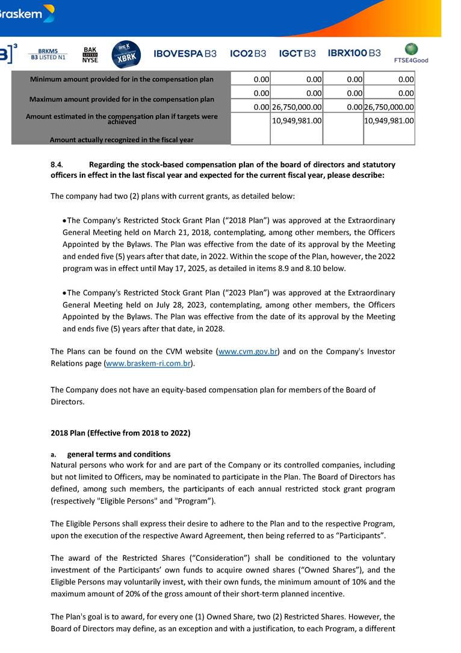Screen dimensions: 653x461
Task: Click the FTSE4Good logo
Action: (411, 54)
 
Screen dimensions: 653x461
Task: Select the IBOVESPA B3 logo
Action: (185, 54)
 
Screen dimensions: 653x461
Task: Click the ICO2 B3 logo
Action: (248, 54)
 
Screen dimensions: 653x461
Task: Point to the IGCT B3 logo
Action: (297, 54)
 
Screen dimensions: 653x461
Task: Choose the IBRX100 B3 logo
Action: (354, 53)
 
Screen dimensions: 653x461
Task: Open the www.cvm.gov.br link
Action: (247, 351)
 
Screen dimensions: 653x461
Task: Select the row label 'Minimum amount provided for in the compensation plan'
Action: (122, 80)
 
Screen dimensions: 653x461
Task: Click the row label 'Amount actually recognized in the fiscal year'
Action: (122, 140)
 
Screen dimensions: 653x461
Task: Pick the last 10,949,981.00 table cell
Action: (389, 120)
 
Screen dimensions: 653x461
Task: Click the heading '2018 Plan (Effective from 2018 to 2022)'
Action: (120, 433)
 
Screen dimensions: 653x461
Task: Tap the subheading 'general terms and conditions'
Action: (119, 454)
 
